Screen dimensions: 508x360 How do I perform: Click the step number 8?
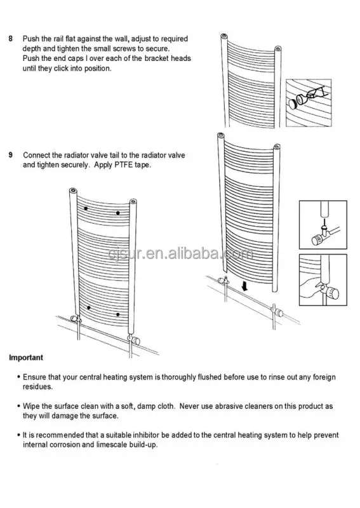click(x=10, y=39)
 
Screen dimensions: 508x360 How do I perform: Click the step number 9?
click(x=10, y=155)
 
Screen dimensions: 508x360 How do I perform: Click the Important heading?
click(x=26, y=358)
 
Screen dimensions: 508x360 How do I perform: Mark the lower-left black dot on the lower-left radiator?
click(x=88, y=308)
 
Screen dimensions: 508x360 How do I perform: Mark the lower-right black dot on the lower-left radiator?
click(x=119, y=314)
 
